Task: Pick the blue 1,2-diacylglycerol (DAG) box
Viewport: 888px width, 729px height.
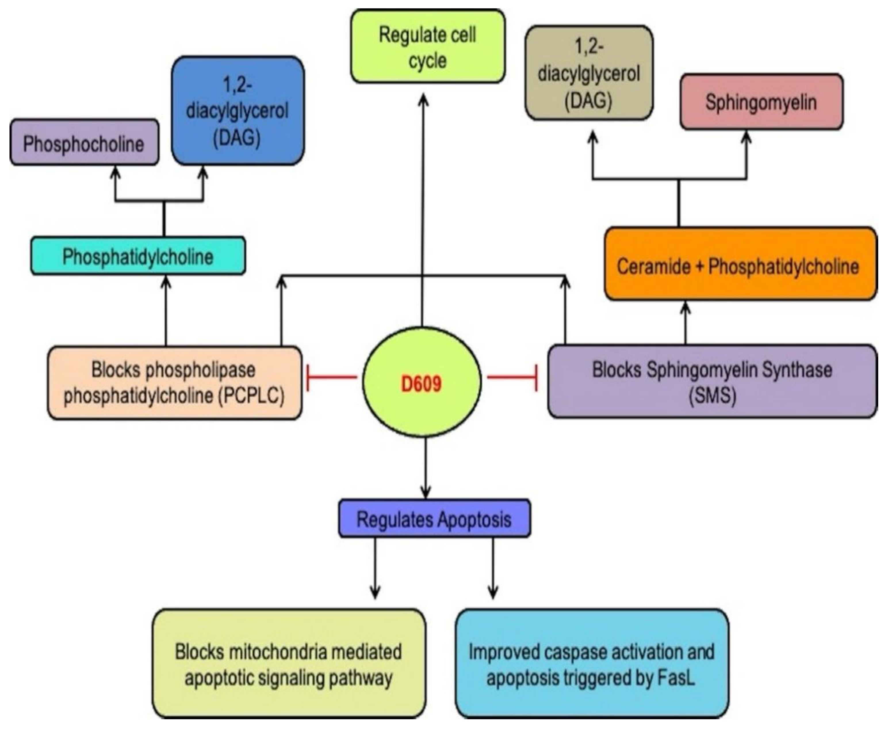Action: [238, 111]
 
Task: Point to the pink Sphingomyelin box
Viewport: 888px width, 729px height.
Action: [761, 102]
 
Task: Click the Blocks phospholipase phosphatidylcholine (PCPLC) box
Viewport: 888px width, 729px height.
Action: [174, 383]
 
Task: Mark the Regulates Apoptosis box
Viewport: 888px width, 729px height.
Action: [434, 519]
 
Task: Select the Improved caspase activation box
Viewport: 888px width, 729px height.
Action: [592, 664]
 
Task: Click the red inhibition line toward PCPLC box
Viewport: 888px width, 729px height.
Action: [332, 377]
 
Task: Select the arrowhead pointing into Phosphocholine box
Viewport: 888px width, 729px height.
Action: [116, 172]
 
